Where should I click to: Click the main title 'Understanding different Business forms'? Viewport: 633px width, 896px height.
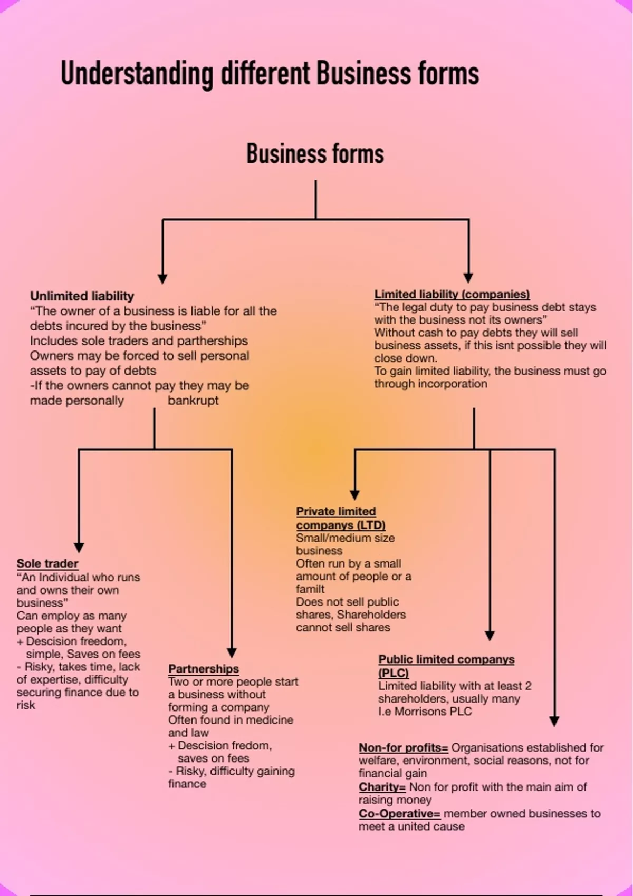coord(270,73)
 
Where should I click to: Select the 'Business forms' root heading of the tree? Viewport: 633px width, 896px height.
coord(315,154)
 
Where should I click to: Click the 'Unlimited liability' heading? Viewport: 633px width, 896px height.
coord(82,296)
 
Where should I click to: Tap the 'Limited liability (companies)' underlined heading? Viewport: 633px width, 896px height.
coord(452,294)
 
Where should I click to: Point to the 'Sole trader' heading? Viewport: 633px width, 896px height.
coord(47,563)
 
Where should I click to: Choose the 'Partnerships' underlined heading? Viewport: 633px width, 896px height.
coord(204,669)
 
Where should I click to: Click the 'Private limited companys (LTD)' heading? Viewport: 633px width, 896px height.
coord(340,518)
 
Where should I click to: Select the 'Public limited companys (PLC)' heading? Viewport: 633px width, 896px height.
coord(446,666)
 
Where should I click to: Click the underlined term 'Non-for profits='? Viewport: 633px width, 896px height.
coord(403,747)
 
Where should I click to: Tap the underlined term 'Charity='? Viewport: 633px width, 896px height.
coord(382,787)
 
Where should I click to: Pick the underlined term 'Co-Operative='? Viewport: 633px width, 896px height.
coord(399,813)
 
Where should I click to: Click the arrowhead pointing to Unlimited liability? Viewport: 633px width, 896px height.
coord(162,278)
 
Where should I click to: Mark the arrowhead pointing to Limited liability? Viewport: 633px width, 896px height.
coord(468,277)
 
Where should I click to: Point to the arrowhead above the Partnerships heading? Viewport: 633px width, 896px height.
coord(232,652)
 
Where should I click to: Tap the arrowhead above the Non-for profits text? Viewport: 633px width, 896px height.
coord(554,720)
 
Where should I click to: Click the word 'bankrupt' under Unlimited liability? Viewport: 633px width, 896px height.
coord(193,400)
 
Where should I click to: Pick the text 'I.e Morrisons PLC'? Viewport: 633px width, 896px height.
coord(425,712)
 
